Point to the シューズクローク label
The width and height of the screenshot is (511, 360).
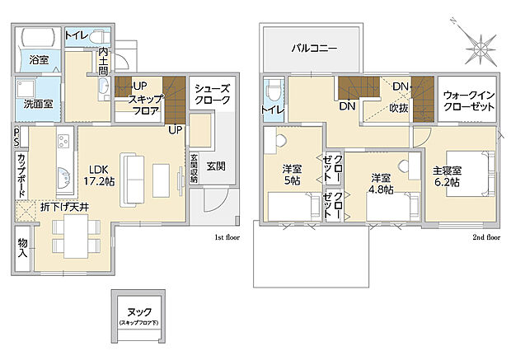[212, 94]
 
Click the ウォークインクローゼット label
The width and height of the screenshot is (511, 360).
[467, 101]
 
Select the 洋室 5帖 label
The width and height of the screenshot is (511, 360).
[293, 177]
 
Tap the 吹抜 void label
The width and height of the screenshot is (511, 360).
[401, 107]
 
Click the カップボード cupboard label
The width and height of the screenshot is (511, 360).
[21, 175]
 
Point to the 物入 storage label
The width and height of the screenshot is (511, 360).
[22, 247]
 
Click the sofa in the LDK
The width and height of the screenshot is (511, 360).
[134, 180]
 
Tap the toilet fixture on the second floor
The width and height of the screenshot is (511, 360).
[273, 89]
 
